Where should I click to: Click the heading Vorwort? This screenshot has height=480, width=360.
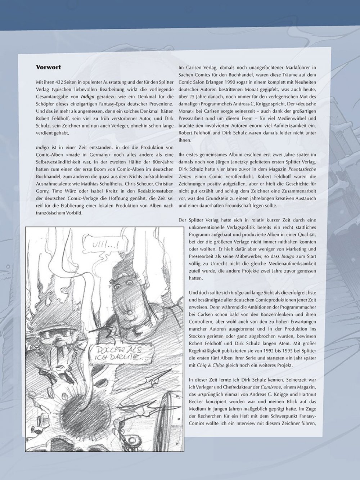(49, 67)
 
